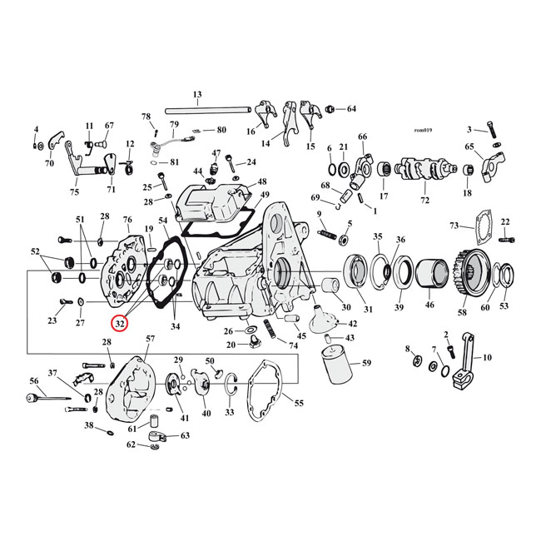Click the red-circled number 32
click(122, 322)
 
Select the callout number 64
click(350, 109)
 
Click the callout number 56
click(34, 380)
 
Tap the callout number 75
click(75, 192)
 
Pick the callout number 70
click(49, 163)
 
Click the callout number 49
click(265, 196)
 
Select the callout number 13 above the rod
click(197, 94)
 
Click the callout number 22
click(505, 221)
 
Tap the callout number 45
click(300, 335)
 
